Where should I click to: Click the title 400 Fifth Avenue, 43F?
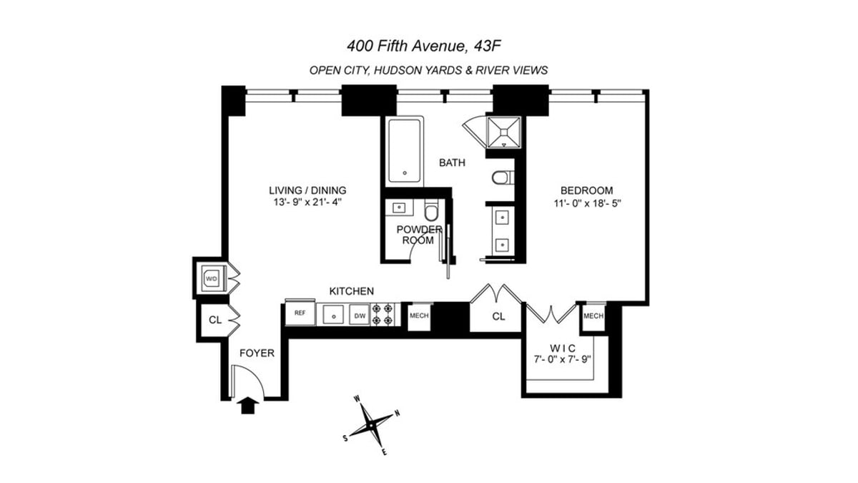pyautogui.click(x=428, y=47)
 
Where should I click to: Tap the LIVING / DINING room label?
pyautogui.click(x=307, y=190)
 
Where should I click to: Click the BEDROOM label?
pyautogui.click(x=586, y=190)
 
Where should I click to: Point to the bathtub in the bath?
pyautogui.click(x=405, y=151)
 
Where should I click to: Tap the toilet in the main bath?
pyautogui.click(x=502, y=177)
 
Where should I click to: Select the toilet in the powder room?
pyautogui.click(x=431, y=212)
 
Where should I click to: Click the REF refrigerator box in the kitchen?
pyautogui.click(x=300, y=313)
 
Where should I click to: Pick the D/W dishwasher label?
pyautogui.click(x=359, y=314)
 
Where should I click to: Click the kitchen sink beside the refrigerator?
pyautogui.click(x=332, y=313)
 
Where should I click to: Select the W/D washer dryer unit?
pyautogui.click(x=211, y=278)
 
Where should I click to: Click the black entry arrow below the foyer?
pyautogui.click(x=248, y=406)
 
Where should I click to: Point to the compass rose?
pyautogui.click(x=372, y=424)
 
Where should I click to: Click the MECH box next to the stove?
pyautogui.click(x=418, y=315)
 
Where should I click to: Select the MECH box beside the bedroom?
pyautogui.click(x=593, y=316)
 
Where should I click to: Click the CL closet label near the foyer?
pyautogui.click(x=214, y=320)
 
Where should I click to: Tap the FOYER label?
pyautogui.click(x=257, y=353)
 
